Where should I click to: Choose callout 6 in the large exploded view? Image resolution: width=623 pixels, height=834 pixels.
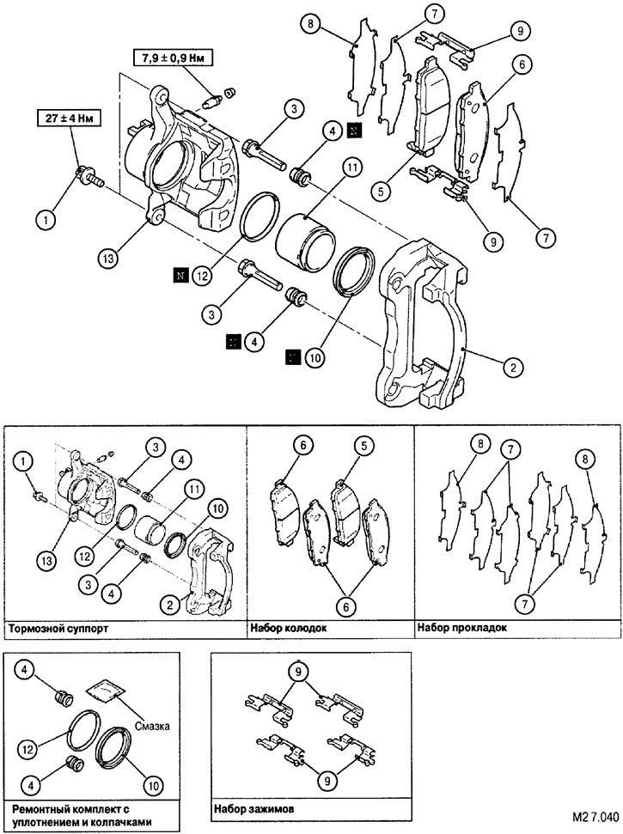click(519, 64)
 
